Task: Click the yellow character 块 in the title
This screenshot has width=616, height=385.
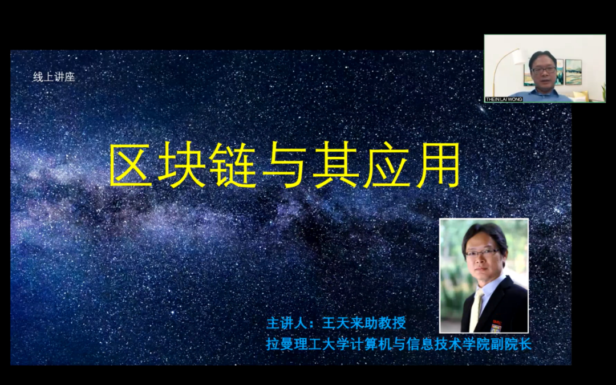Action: click(x=181, y=165)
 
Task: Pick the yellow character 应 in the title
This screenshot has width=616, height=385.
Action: click(x=387, y=165)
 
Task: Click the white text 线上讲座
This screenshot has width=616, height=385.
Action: click(x=54, y=77)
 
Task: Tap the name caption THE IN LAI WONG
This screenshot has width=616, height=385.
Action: click(x=504, y=99)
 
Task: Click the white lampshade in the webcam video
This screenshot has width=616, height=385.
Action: click(x=518, y=58)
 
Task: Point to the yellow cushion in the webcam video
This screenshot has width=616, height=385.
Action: click(x=581, y=96)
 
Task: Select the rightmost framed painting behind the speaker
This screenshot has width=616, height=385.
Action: click(x=573, y=72)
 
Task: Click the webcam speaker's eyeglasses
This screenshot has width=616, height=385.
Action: click(x=544, y=70)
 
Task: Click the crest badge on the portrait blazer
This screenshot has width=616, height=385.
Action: click(x=496, y=326)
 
